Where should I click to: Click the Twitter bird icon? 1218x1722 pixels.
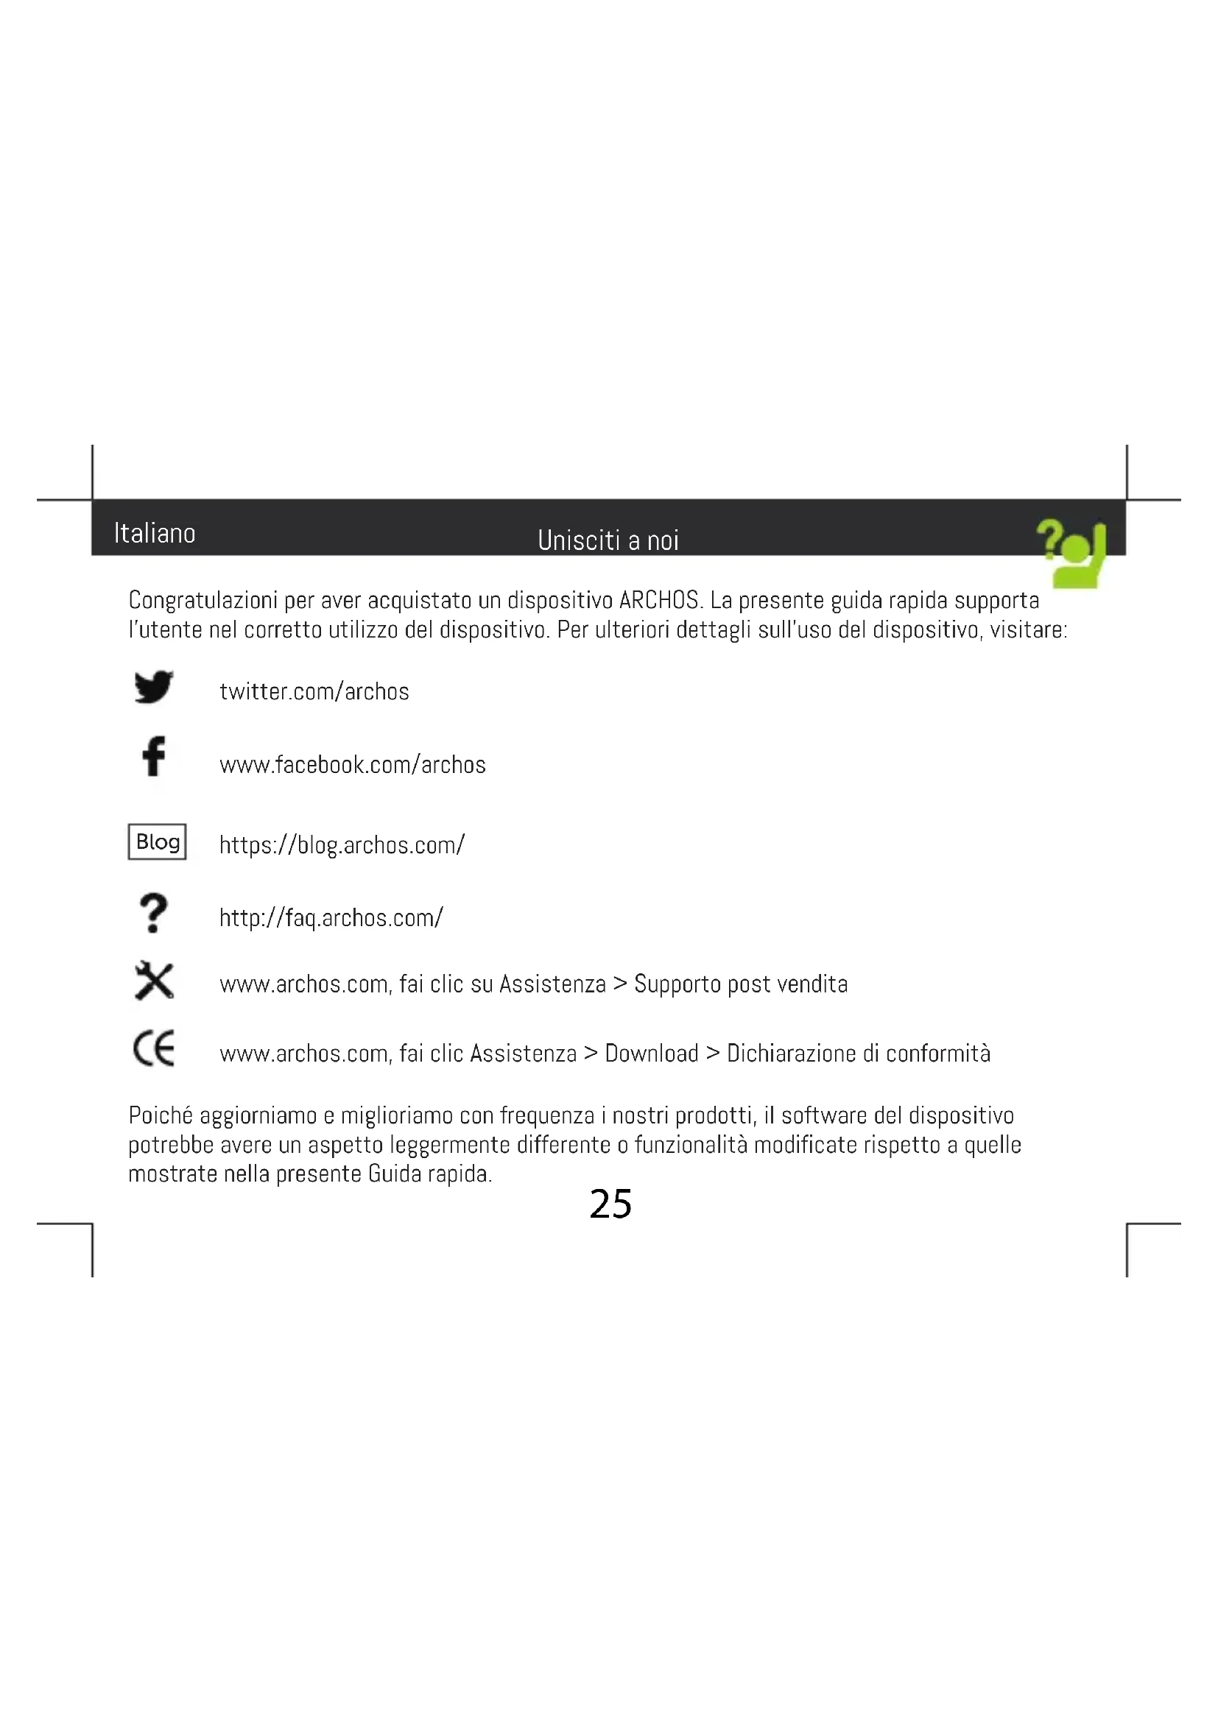(154, 686)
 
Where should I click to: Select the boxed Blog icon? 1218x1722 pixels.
(157, 841)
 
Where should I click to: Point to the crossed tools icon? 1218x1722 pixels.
(154, 981)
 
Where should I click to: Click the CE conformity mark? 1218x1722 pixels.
(154, 1048)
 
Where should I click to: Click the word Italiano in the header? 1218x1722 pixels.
(155, 533)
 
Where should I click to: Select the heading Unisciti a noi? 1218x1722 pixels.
(608, 540)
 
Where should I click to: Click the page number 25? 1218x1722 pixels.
(610, 1204)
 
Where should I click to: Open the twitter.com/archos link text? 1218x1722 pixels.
(314, 691)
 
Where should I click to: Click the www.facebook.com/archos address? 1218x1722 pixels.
(353, 765)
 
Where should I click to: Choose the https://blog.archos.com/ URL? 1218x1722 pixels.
(342, 845)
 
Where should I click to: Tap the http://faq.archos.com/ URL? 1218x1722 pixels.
(331, 918)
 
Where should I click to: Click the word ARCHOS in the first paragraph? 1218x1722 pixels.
(659, 601)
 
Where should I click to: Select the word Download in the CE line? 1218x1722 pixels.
(651, 1054)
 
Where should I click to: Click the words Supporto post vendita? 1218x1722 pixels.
(741, 984)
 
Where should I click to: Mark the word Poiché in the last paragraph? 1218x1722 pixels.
(161, 1116)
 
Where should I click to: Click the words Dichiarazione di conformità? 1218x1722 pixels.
(858, 1054)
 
